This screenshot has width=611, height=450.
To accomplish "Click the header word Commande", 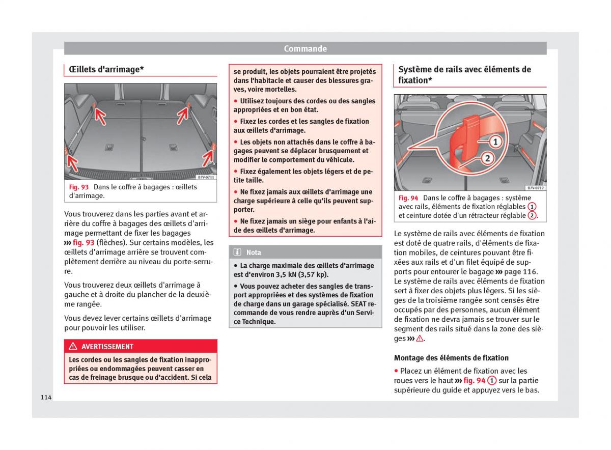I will click(305, 49).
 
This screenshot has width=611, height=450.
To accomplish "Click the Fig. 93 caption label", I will click(79, 187).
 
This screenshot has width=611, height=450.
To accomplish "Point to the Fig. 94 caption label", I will click(408, 198).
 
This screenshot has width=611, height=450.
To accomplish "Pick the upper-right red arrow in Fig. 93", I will click(184, 115).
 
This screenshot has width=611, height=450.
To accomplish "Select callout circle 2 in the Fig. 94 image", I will click(487, 158).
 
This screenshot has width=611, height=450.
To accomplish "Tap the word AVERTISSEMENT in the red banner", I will click(107, 347).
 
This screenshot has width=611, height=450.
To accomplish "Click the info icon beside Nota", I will click(237, 252).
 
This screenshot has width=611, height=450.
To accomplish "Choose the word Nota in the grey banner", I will click(254, 252).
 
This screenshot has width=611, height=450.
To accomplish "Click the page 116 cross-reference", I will click(520, 272).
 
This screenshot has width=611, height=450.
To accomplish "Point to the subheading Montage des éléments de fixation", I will click(451, 358).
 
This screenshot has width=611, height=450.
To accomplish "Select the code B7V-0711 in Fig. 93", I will click(206, 177).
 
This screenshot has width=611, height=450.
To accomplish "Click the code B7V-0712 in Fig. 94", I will click(536, 188).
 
